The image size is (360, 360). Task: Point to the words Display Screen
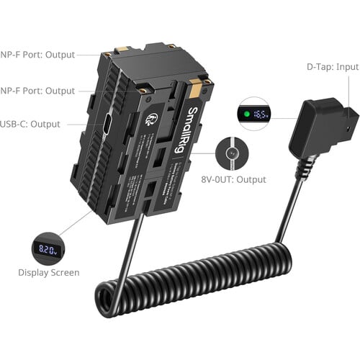(x=49, y=273)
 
